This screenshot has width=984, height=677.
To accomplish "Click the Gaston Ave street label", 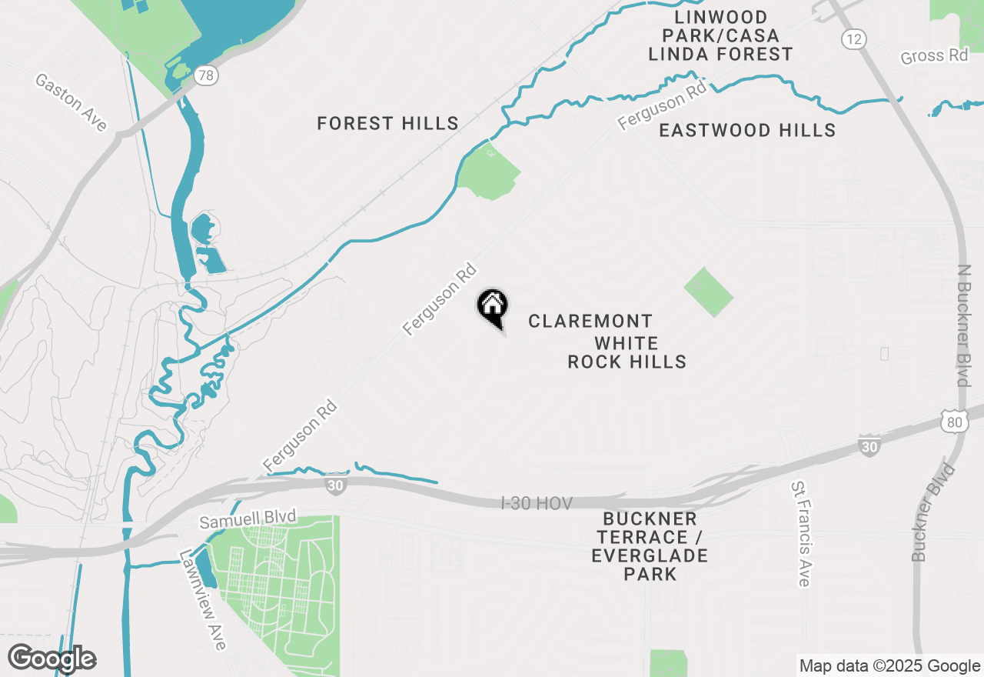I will tap(71, 103).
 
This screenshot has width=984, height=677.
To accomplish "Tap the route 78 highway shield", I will tap(205, 75).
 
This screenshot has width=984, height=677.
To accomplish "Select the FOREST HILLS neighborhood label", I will tap(388, 123).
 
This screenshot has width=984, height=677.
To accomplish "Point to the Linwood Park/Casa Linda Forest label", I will tap(720, 35).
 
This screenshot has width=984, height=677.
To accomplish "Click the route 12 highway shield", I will tap(854, 39).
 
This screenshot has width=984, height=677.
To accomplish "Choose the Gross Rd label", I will tap(934, 56).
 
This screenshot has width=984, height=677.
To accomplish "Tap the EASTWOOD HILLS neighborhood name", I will tap(747, 130).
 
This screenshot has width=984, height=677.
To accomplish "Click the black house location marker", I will tap(492, 306).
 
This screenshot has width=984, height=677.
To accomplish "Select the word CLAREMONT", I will tap(590, 321).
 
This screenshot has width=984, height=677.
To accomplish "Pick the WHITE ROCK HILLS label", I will tap(627, 352).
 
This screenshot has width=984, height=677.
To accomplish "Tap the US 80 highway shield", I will tap(952, 421).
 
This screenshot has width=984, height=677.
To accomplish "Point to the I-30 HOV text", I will tap(537, 503).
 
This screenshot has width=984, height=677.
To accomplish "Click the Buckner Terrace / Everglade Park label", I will tap(650, 546).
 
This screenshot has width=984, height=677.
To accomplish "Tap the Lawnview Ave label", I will tap(203, 599).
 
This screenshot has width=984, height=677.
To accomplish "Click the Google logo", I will tap(52, 659).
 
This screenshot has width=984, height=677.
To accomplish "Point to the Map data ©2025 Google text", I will tap(889, 666).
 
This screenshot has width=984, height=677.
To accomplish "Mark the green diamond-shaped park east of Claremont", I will tap(708, 292).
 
